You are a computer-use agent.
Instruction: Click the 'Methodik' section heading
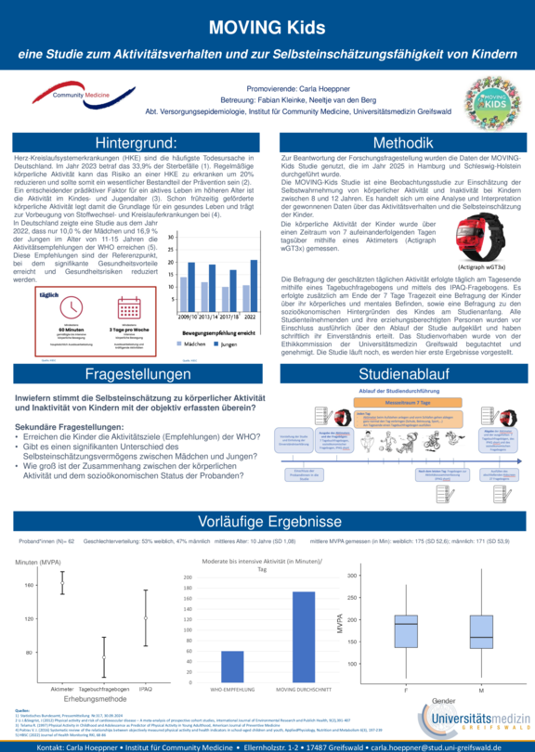[402, 143]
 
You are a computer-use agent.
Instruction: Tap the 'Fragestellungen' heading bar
[137, 373]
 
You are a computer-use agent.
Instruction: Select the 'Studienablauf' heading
[402, 373]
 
